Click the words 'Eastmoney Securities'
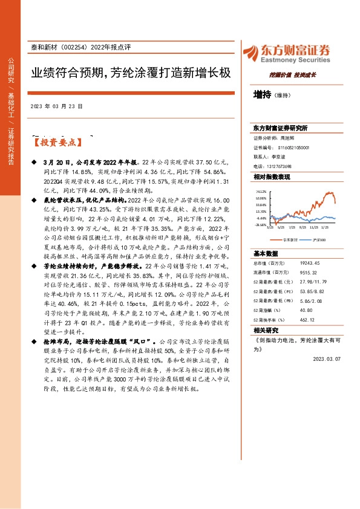click(296, 60)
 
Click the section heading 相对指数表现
click(272, 177)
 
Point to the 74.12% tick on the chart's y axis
click(261, 191)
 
